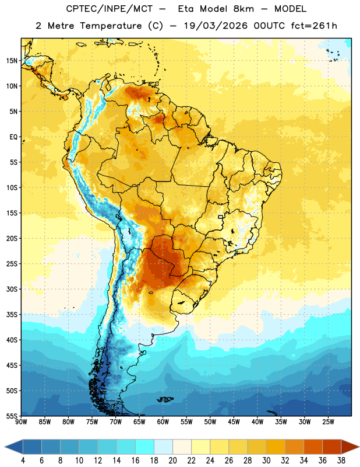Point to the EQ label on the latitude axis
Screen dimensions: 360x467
click(x=13, y=137)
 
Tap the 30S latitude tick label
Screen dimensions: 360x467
click(x=12, y=289)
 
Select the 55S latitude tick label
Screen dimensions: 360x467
click(x=12, y=416)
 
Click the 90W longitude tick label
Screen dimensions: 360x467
click(x=21, y=422)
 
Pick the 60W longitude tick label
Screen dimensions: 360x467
click(x=163, y=422)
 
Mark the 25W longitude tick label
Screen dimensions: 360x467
click(x=328, y=422)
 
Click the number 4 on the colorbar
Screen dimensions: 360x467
click(x=23, y=461)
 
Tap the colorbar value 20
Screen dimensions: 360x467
click(x=172, y=461)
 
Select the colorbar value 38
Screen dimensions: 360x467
click(x=341, y=461)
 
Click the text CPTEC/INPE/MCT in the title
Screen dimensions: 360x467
click(x=109, y=9)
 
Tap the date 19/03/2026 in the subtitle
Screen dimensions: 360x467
click(x=216, y=26)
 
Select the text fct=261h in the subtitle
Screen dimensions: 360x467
click(x=314, y=26)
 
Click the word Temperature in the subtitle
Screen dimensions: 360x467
click(x=111, y=26)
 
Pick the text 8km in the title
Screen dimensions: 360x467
click(x=243, y=9)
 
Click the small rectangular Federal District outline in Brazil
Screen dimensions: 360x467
click(x=221, y=217)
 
